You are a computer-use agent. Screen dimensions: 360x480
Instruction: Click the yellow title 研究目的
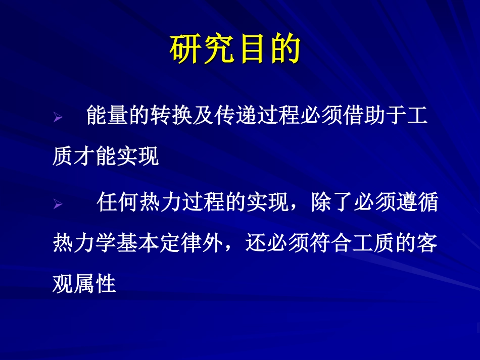(235, 50)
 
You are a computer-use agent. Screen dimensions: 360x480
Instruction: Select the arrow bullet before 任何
(57, 204)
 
